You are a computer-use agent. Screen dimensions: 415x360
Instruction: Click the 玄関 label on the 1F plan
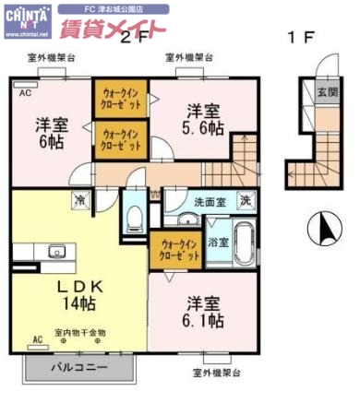coord(325,92)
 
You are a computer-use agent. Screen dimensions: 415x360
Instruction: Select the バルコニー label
coord(79,367)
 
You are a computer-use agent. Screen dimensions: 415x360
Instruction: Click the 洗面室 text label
coord(209,200)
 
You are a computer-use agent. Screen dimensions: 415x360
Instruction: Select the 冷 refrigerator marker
coord(80,199)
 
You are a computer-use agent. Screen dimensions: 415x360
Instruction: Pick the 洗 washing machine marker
coord(246,199)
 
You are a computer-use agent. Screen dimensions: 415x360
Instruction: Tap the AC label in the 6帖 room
coord(24,93)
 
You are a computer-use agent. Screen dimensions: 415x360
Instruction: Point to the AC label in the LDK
coord(38,339)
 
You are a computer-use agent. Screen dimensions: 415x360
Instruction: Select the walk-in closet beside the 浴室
coord(172,248)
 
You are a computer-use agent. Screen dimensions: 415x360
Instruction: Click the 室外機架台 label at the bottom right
coord(216,373)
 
